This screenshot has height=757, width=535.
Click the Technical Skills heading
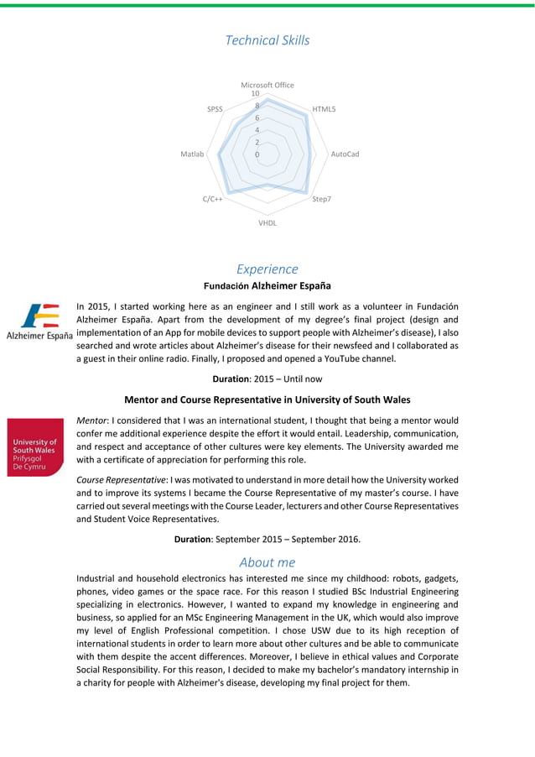(x=267, y=40)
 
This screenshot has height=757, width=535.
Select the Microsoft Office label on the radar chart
(x=267, y=85)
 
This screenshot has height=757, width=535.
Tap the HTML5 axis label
(x=324, y=110)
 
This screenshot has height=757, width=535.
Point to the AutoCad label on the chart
(x=345, y=154)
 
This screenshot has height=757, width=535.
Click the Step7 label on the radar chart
(x=322, y=199)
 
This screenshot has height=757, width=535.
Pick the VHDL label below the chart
(x=267, y=223)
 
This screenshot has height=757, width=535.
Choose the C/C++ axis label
(x=212, y=199)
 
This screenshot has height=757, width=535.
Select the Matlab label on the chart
(x=192, y=154)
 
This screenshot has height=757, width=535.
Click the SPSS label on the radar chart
(x=215, y=110)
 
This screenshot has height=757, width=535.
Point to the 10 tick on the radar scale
(x=255, y=94)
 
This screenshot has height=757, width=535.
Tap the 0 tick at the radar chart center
(x=257, y=154)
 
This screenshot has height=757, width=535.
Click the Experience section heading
(x=267, y=269)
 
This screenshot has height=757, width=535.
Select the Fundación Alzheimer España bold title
(x=267, y=286)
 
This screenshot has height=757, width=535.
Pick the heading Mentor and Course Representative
(x=267, y=399)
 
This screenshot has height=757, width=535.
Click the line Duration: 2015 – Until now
(x=267, y=379)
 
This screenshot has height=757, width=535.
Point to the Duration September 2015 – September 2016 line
(x=267, y=539)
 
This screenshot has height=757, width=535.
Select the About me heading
(x=267, y=561)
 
